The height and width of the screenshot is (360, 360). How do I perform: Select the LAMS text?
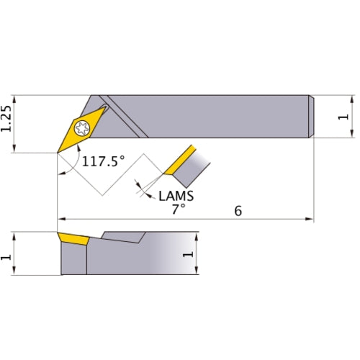176,194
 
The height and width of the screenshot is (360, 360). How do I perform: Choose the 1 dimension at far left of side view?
8,253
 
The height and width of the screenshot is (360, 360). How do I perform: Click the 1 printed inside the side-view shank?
189,253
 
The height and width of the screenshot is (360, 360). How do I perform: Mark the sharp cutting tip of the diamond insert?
58,152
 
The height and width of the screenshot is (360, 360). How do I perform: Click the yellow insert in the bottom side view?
73,238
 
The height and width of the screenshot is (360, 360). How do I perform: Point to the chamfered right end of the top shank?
311,116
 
